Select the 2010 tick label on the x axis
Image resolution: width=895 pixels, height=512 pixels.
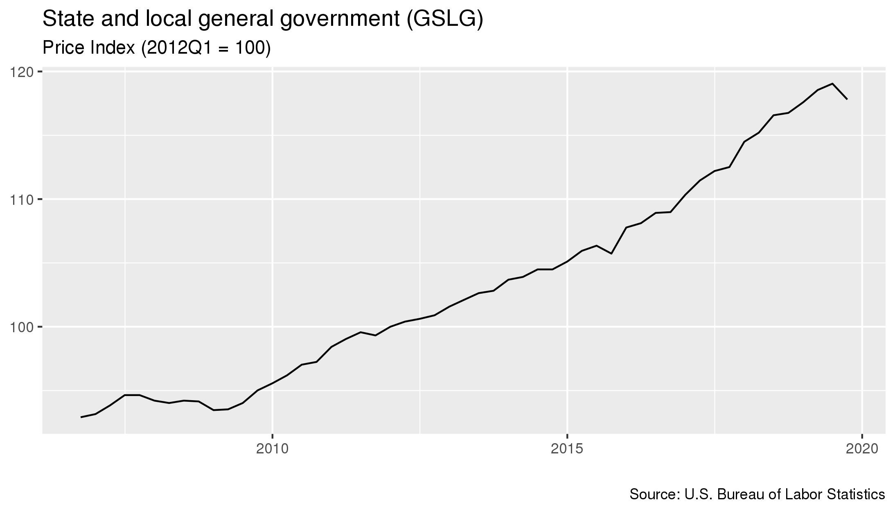tap(272, 449)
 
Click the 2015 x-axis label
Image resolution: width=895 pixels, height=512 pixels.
tap(567, 449)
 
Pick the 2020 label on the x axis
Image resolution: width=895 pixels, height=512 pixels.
tap(862, 449)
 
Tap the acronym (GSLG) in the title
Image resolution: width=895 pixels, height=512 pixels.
tap(444, 20)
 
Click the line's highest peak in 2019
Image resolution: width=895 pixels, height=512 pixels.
tap(832, 84)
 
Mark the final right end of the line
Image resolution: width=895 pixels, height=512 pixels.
tap(847, 99)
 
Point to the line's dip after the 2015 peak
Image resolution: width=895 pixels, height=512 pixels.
tap(611, 254)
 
